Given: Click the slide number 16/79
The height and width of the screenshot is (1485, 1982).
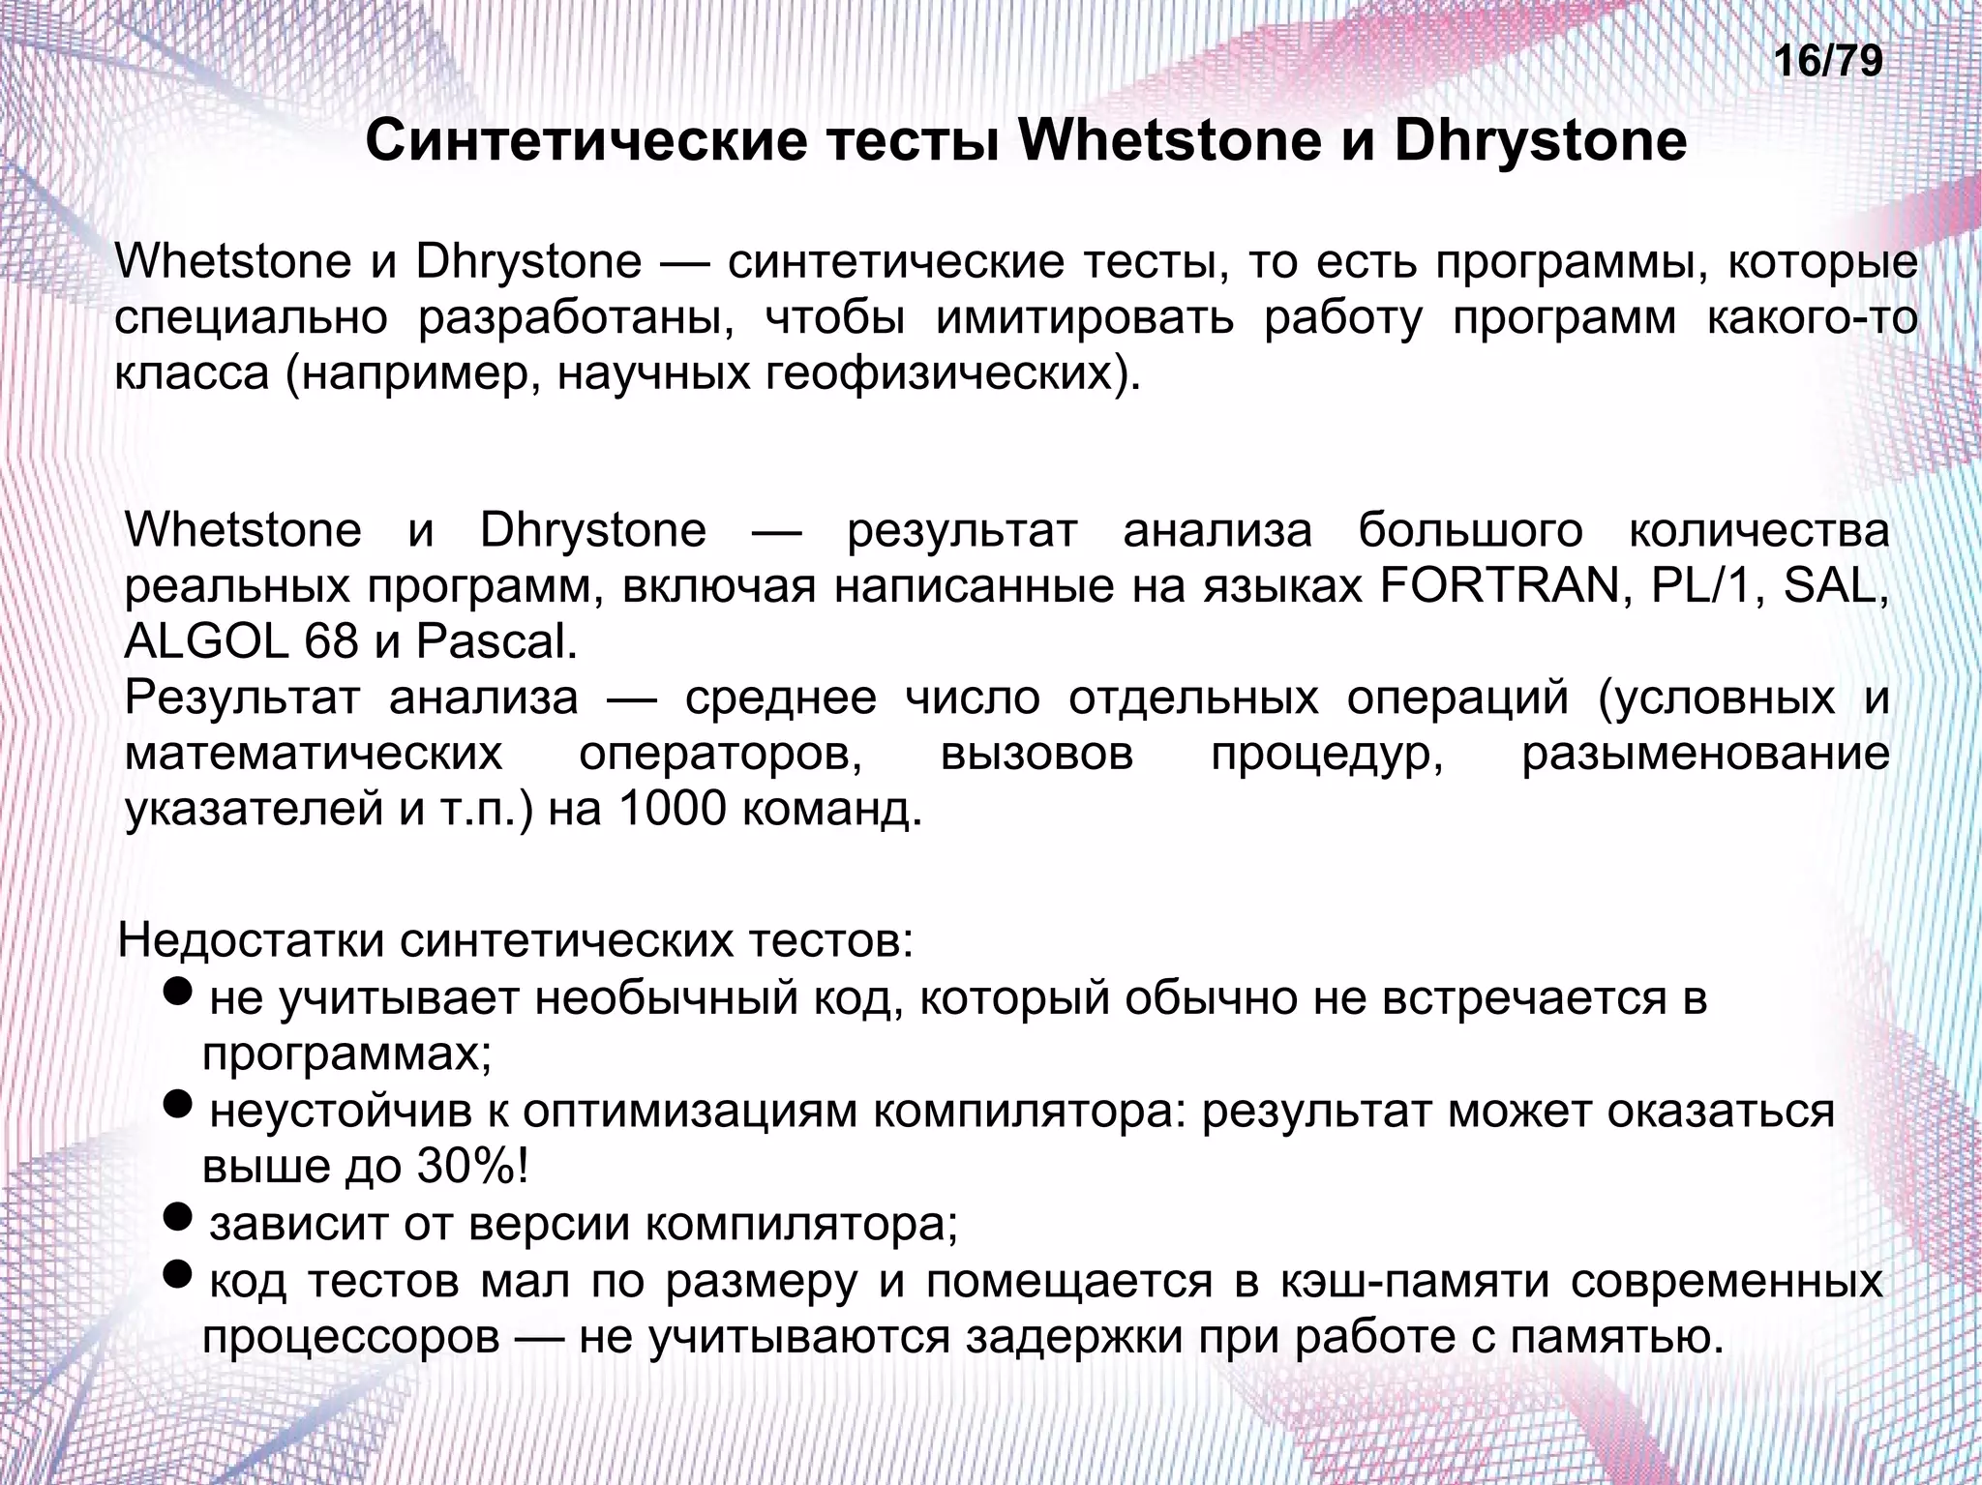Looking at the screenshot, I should (x=1828, y=61).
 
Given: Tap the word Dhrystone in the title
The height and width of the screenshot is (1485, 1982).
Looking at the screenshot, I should (x=1540, y=141).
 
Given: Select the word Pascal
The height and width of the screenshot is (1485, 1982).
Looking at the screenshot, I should (x=495, y=641).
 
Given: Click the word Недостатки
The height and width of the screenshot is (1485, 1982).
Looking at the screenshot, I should (x=252, y=940).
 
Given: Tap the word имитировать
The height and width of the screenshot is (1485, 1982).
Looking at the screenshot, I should (x=1085, y=318).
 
